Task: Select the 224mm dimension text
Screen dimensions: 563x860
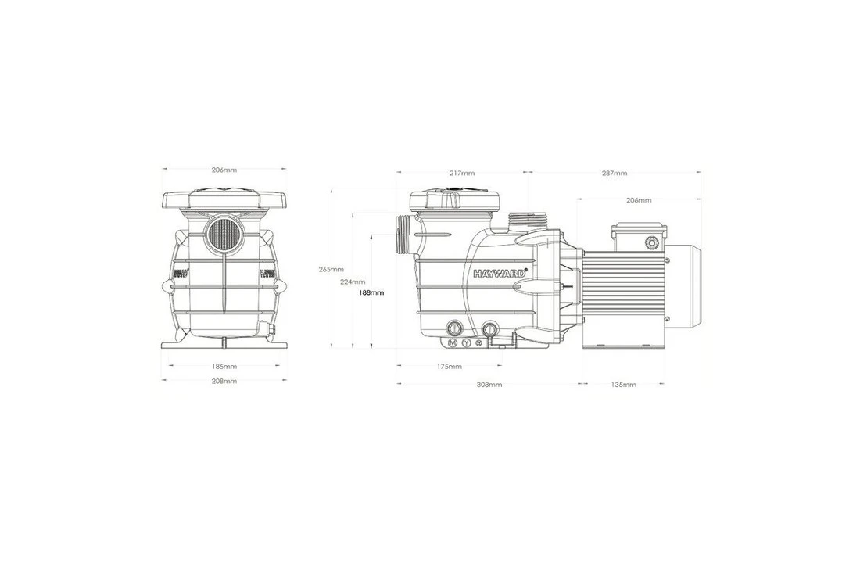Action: click(353, 281)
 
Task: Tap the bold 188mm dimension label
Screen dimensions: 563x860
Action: click(371, 292)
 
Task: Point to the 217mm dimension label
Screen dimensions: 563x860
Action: click(462, 173)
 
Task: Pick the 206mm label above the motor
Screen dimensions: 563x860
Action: click(639, 200)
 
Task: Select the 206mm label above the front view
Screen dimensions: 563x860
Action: click(224, 170)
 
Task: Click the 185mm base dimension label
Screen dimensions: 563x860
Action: click(224, 366)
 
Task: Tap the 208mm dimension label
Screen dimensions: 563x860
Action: click(224, 381)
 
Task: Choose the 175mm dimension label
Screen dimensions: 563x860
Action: click(450, 366)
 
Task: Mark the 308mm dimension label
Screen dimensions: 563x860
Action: click(489, 385)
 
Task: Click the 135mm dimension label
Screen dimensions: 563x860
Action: click(623, 385)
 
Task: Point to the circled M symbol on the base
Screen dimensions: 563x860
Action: click(453, 343)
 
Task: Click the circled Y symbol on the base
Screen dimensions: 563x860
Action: click(467, 343)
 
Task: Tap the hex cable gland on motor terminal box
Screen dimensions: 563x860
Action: click(650, 243)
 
